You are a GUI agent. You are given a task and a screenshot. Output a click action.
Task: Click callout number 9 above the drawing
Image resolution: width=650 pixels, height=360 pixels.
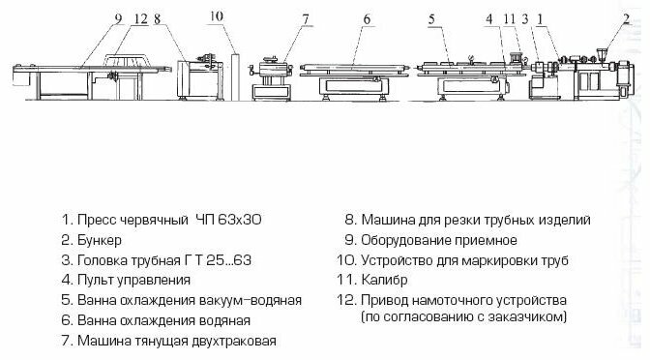point(119,18)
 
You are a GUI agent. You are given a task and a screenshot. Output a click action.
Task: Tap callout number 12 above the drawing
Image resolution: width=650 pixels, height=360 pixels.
point(141,18)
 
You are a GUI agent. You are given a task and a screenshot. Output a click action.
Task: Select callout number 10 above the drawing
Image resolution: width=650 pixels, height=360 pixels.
point(217,16)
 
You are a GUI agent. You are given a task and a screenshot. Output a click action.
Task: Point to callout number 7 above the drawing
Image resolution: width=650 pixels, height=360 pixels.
point(306,18)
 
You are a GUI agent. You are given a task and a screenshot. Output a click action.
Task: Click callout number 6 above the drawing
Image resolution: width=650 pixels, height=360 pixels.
point(367,18)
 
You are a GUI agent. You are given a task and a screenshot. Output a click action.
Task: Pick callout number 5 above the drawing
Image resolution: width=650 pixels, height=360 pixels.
point(431,18)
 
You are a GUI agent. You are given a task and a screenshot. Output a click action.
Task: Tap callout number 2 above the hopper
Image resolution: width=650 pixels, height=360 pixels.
point(626,18)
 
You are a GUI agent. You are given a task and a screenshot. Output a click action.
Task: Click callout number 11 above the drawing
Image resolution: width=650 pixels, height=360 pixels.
point(510,18)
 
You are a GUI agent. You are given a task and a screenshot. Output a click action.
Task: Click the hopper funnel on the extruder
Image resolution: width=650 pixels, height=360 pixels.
point(602,56)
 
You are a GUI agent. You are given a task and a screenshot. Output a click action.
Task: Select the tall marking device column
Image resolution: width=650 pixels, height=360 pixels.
point(235,76)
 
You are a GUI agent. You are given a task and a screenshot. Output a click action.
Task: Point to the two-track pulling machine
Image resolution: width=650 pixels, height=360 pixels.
point(272,78)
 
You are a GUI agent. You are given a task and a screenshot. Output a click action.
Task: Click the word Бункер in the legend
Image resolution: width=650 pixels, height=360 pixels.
point(100,240)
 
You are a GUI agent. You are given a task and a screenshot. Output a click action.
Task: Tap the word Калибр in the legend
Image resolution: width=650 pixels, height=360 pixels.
point(384,281)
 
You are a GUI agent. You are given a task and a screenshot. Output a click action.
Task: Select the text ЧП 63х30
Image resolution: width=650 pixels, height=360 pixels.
point(229,220)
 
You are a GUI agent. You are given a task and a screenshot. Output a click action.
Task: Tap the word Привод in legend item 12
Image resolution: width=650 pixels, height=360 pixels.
point(384,300)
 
